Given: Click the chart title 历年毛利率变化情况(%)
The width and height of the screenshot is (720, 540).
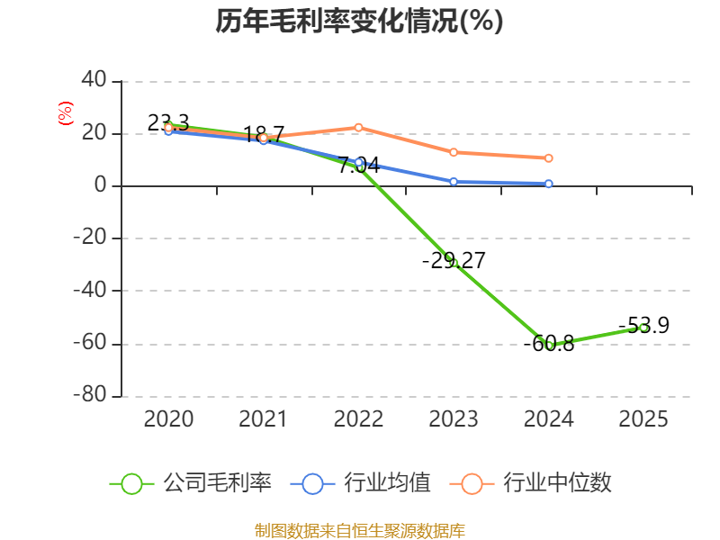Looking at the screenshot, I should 359,22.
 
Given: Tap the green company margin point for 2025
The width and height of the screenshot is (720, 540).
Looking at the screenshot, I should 643,328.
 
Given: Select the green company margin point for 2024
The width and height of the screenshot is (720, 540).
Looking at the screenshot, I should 549,345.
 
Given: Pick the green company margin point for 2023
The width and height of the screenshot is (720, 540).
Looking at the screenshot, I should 454,263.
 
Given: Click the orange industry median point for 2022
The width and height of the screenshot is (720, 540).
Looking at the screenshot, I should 358,127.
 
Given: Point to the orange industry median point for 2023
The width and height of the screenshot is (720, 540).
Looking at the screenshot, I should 454,152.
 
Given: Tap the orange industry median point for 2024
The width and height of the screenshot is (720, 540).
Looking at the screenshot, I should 549,158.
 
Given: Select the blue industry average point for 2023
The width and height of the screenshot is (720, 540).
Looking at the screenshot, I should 454,182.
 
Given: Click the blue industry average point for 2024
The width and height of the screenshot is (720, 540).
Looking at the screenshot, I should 549,184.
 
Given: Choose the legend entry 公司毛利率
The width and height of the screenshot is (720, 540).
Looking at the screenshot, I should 192,483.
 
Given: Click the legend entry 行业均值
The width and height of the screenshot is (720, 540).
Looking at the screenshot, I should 361,483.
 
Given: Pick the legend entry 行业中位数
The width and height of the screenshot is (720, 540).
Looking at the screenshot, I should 536,483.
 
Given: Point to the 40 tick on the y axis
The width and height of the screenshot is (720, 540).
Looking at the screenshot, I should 94,81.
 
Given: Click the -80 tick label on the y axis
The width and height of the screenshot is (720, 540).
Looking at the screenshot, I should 90,396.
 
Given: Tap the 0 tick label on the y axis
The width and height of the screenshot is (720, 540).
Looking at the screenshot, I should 101,186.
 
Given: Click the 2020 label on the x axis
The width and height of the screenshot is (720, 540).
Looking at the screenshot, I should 168,419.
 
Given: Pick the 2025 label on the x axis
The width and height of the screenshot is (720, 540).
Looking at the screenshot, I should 643,419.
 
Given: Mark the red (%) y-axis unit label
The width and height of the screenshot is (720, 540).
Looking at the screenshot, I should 65,113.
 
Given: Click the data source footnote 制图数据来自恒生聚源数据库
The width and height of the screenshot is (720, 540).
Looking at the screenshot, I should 359,530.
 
